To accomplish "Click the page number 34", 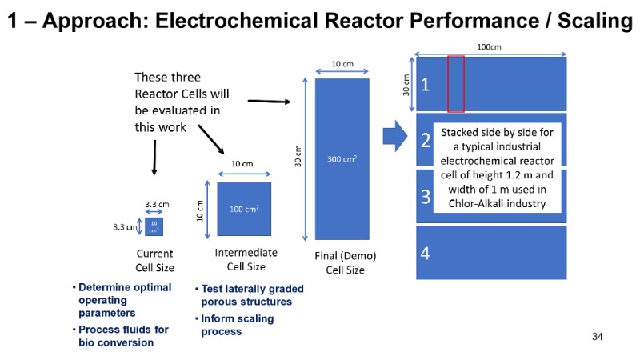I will tap(597, 336).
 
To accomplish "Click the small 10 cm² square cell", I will tap(154, 226).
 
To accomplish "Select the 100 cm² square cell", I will tap(243, 210).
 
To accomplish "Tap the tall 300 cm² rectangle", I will tap(342, 158).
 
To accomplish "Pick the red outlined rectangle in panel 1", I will tap(456, 83).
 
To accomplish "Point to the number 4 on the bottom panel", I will tap(426, 254).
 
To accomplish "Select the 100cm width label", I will tap(490, 48).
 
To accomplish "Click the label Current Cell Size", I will tap(155, 261).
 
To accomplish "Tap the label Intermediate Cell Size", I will tap(246, 260).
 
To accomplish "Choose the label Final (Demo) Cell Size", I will tap(345, 263).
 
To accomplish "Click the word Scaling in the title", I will tap(592, 22).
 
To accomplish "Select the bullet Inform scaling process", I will tap(236, 325).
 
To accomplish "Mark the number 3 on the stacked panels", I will tap(426, 196).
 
